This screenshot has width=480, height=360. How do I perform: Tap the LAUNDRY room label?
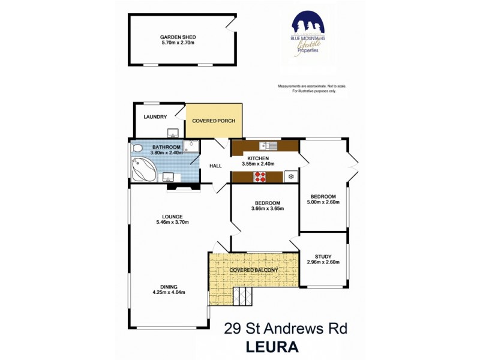(x=155, y=116)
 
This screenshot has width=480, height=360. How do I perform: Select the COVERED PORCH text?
(x=213, y=121)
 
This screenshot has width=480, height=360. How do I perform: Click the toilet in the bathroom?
(x=137, y=148)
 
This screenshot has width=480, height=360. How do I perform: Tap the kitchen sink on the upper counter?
(x=267, y=145)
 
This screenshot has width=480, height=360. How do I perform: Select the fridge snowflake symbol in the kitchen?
(x=291, y=176)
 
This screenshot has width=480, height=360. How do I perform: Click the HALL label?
(x=215, y=166)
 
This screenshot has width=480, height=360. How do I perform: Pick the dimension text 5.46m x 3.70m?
(x=172, y=222)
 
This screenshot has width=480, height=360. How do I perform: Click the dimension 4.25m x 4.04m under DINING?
(x=169, y=293)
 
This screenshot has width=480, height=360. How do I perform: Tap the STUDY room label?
(x=323, y=256)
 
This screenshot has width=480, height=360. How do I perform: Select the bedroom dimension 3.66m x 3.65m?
(x=267, y=209)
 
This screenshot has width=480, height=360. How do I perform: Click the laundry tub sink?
(x=172, y=133)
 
